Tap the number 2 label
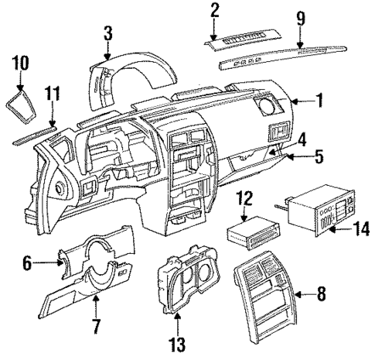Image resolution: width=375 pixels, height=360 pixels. [215, 10]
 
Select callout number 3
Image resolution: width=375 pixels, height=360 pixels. [108, 33]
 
